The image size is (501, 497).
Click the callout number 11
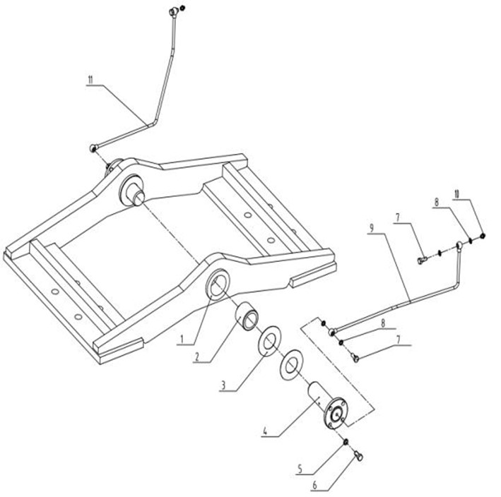pyautogui.click(x=90, y=80)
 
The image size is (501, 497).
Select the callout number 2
pyautogui.click(x=197, y=357)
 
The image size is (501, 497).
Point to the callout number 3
pyautogui.click(x=224, y=385)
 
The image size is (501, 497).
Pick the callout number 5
pyautogui.click(x=300, y=469)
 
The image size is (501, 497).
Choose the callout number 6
pyautogui.click(x=314, y=486)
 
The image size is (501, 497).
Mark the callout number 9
pyautogui.click(x=372, y=228)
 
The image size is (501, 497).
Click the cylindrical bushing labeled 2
pyautogui.click(x=247, y=316)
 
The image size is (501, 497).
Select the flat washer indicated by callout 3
pyautogui.click(x=269, y=340)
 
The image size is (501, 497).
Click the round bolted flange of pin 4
pyautogui.click(x=336, y=414)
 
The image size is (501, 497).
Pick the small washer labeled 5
pyautogui.click(x=346, y=442)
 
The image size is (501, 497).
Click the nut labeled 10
pyautogui.click(x=483, y=236)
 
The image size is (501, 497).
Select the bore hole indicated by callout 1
pyautogui.click(x=218, y=284)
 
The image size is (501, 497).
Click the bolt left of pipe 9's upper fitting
pyautogui.click(x=422, y=261)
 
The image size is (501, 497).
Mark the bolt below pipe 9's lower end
pyautogui.click(x=355, y=358)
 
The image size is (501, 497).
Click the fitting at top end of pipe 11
pyautogui.click(x=174, y=12)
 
